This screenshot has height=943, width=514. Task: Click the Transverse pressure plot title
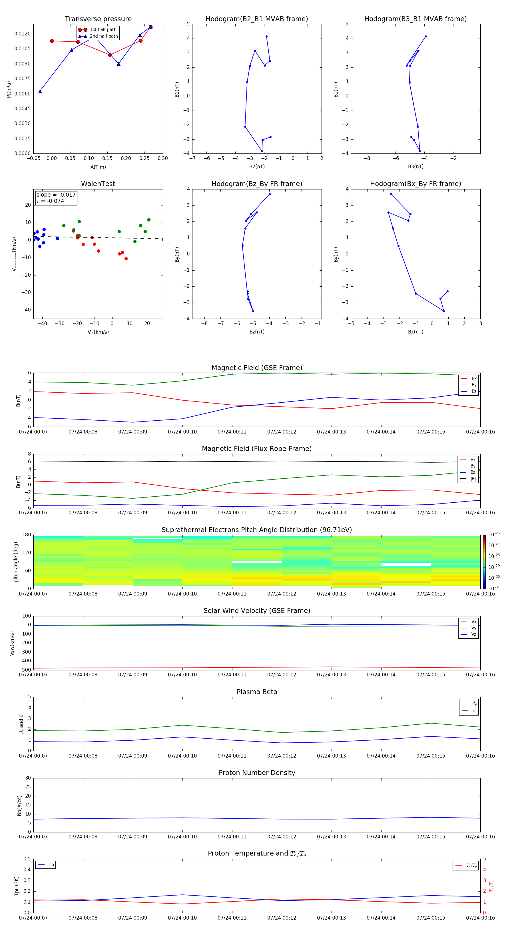click(98, 19)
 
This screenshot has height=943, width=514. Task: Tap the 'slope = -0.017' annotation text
click(56, 195)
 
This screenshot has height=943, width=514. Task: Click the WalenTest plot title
click(98, 184)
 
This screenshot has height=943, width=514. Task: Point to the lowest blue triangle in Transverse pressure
click(40, 91)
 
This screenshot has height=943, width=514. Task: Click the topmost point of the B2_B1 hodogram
click(266, 37)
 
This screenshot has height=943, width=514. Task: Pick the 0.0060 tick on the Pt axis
click(22, 94)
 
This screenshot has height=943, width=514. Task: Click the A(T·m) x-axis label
click(98, 167)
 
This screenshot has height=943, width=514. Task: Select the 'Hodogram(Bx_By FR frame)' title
click(415, 184)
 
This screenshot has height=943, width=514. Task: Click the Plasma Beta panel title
click(257, 692)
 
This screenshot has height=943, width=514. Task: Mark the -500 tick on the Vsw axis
click(25, 670)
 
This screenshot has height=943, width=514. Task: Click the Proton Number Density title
click(257, 773)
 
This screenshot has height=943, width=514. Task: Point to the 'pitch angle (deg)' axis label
click(16, 562)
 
